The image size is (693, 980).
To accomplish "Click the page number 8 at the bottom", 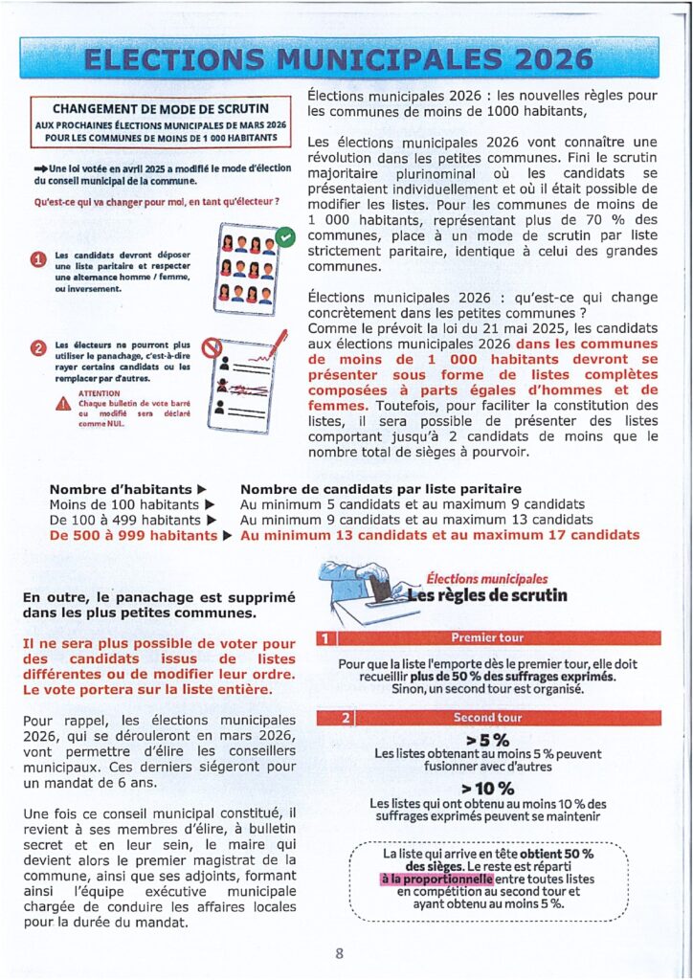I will pos(339,953).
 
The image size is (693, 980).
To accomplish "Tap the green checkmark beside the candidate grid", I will pos(283,234).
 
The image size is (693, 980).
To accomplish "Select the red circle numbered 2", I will pos(38,348).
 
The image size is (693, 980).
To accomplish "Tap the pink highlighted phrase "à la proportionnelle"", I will pos(436,879).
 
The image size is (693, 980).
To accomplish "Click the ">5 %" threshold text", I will pos(487,739).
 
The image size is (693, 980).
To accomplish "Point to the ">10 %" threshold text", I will pos(487,789).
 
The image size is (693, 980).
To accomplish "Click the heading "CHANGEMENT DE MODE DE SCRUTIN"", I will pos(160,109).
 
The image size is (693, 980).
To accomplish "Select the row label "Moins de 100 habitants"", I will pos(124,504).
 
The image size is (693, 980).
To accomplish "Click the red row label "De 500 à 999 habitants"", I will pos(134,535).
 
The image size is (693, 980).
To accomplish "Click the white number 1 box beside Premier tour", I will pos(324,637).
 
